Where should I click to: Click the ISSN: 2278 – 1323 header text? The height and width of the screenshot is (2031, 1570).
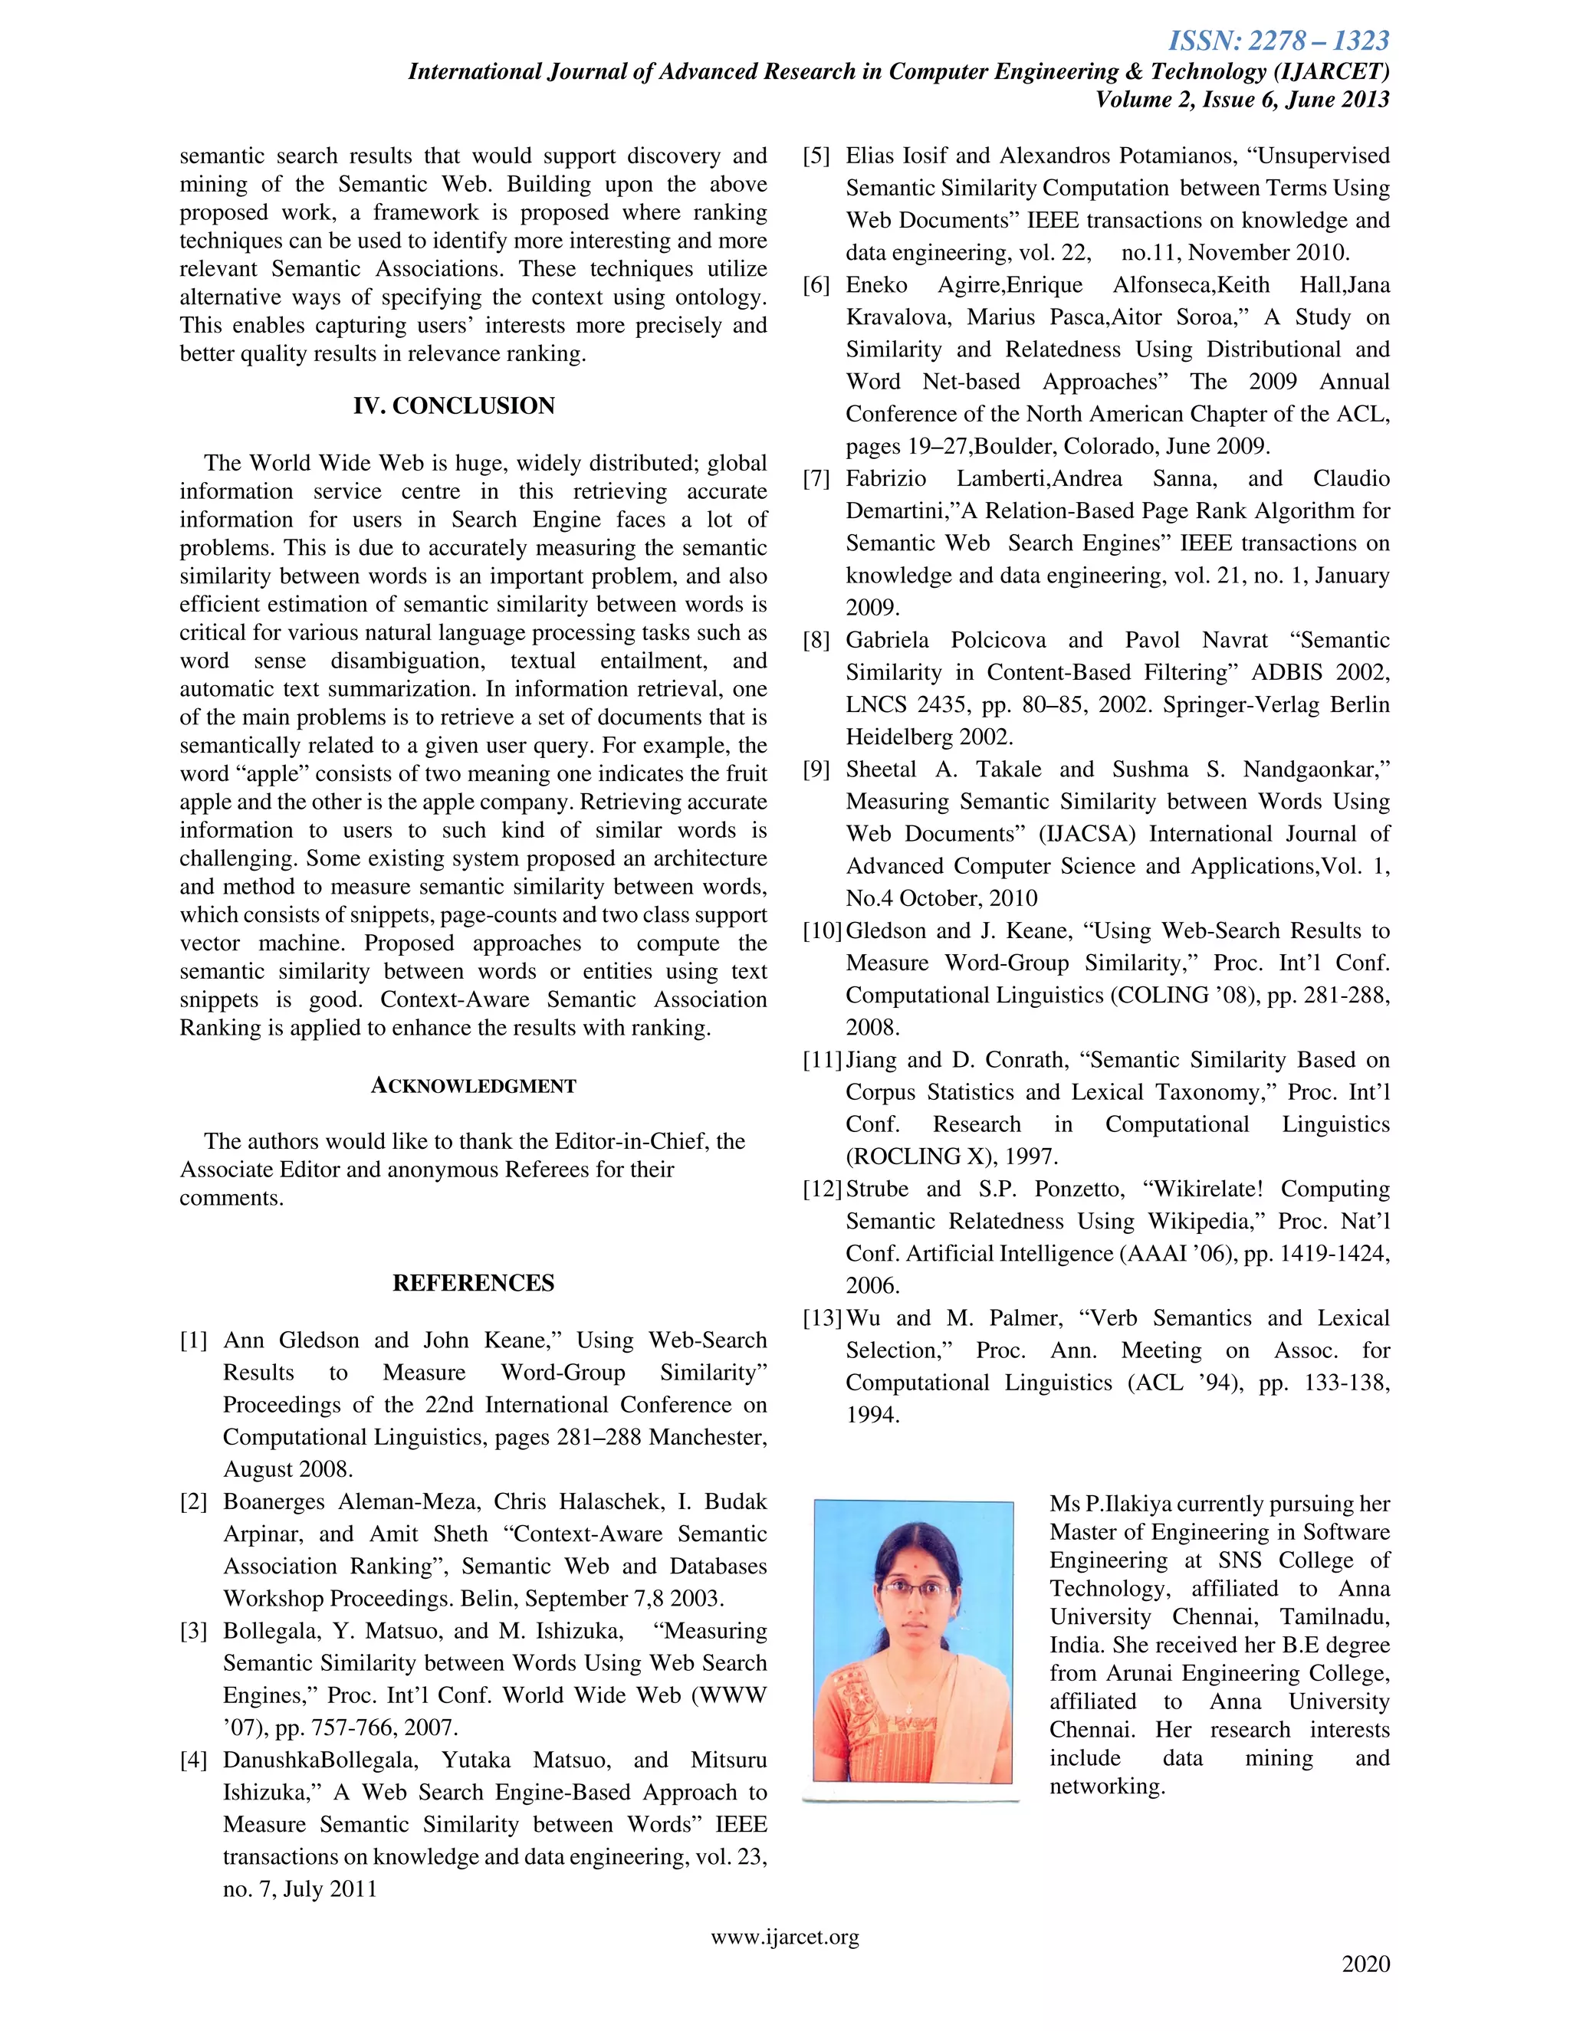point(1278,41)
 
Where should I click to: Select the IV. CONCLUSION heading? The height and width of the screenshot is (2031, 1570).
point(454,405)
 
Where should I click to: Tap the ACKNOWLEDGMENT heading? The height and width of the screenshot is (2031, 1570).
point(474,1085)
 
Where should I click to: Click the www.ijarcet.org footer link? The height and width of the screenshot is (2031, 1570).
point(785,1936)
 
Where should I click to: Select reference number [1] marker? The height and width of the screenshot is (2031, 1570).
point(193,1340)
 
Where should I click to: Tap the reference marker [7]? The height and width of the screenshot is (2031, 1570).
point(816,479)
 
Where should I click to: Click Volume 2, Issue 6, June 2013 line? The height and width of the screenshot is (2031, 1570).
point(1242,100)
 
